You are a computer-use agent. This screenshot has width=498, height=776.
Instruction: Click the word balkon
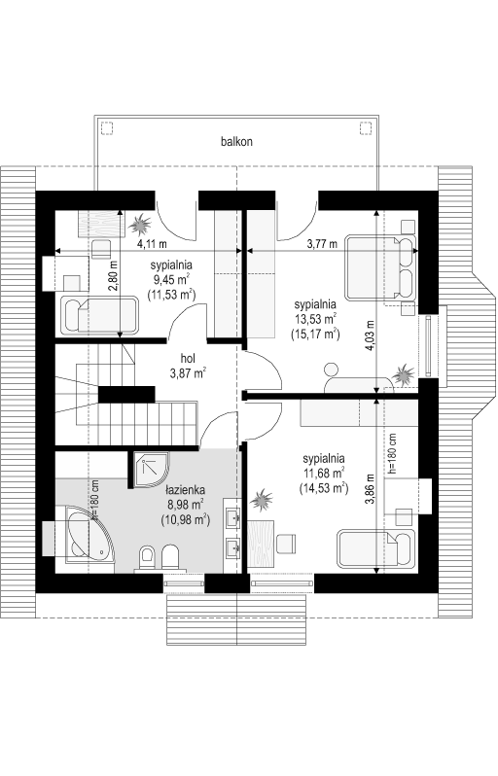point(236,142)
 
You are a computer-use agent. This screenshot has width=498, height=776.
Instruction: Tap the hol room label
point(188,358)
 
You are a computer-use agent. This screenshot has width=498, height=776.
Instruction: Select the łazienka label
point(186,490)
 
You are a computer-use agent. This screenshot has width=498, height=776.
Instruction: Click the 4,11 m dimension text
point(152,243)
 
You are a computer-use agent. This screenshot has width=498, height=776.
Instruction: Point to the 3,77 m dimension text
point(322,243)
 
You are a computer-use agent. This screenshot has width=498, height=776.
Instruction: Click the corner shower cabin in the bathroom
point(149,469)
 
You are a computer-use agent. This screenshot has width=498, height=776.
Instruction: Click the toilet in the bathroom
point(147,558)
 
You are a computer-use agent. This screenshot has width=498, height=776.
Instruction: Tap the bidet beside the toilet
point(170,558)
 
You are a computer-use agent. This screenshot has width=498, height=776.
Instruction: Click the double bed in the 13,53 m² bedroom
point(380,267)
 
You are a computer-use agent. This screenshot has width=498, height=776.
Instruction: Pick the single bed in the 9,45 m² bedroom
point(99,315)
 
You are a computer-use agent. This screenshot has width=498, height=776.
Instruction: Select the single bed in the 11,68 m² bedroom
point(376,548)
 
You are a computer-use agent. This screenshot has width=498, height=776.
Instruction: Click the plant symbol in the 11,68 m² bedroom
point(261,500)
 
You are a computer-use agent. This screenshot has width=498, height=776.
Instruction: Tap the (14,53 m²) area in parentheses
point(324,488)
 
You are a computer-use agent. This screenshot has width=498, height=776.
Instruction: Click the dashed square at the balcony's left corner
point(106,127)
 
